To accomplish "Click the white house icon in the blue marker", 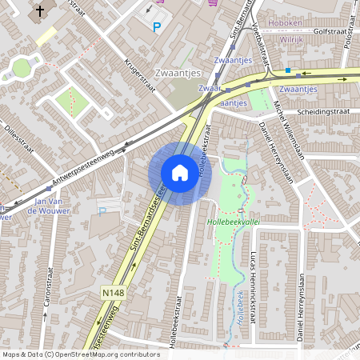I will (x=180, y=173).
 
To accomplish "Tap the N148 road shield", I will (x=114, y=294).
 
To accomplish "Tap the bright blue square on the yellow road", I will (x=288, y=70).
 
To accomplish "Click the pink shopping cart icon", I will (x=212, y=2).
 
